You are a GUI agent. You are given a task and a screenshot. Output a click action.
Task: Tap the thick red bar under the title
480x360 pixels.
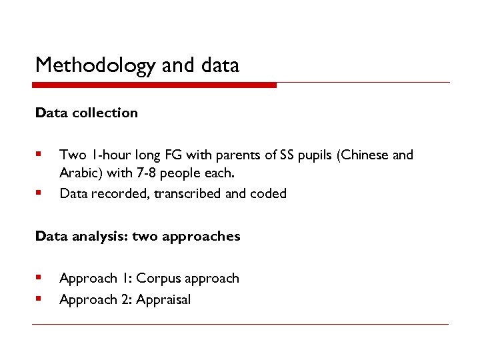tap(155, 85)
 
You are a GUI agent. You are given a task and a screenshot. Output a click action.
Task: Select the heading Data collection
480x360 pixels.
tap(87, 113)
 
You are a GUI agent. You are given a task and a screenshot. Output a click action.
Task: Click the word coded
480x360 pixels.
tap(269, 194)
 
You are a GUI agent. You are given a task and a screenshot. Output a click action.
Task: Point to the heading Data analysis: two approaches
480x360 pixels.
tap(137, 236)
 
